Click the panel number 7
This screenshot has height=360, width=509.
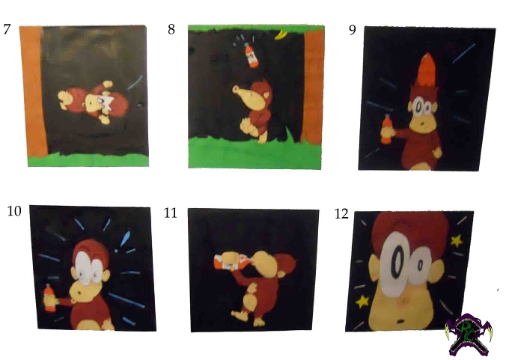click(7, 29)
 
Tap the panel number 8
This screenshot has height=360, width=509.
click(171, 29)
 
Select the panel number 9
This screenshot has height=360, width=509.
click(353, 30)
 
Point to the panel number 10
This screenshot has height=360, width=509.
click(14, 211)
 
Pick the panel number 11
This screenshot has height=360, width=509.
click(171, 213)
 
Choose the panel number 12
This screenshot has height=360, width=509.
click(341, 213)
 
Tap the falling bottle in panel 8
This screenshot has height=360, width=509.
click(251, 55)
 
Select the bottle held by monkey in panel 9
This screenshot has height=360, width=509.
click(385, 129)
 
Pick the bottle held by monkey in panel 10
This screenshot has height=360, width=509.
click(49, 298)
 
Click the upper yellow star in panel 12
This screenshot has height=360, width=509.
click(457, 241)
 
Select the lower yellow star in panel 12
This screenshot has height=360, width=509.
click(362, 301)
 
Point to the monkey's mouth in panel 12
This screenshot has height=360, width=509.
click(401, 321)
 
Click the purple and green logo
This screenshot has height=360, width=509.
click(469, 335)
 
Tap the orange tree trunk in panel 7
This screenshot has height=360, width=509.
click(33, 91)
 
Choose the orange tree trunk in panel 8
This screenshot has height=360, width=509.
click(313, 86)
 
